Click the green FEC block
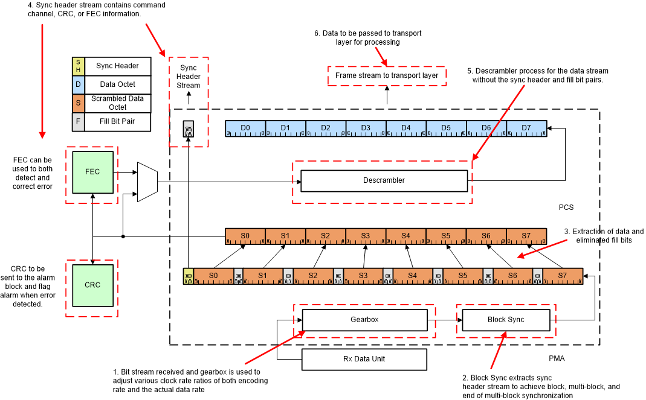[92, 172]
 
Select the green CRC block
[92, 285]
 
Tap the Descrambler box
[384, 180]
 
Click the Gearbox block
[364, 320]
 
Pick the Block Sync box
[506, 320]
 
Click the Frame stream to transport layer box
[387, 75]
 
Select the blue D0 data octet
[245, 129]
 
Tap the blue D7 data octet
[526, 129]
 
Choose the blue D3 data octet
[366, 129]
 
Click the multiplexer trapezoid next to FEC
[147, 182]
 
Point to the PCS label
[566, 208]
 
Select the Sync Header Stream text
[188, 77]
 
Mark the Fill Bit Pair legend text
[117, 122]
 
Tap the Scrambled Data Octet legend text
[117, 103]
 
